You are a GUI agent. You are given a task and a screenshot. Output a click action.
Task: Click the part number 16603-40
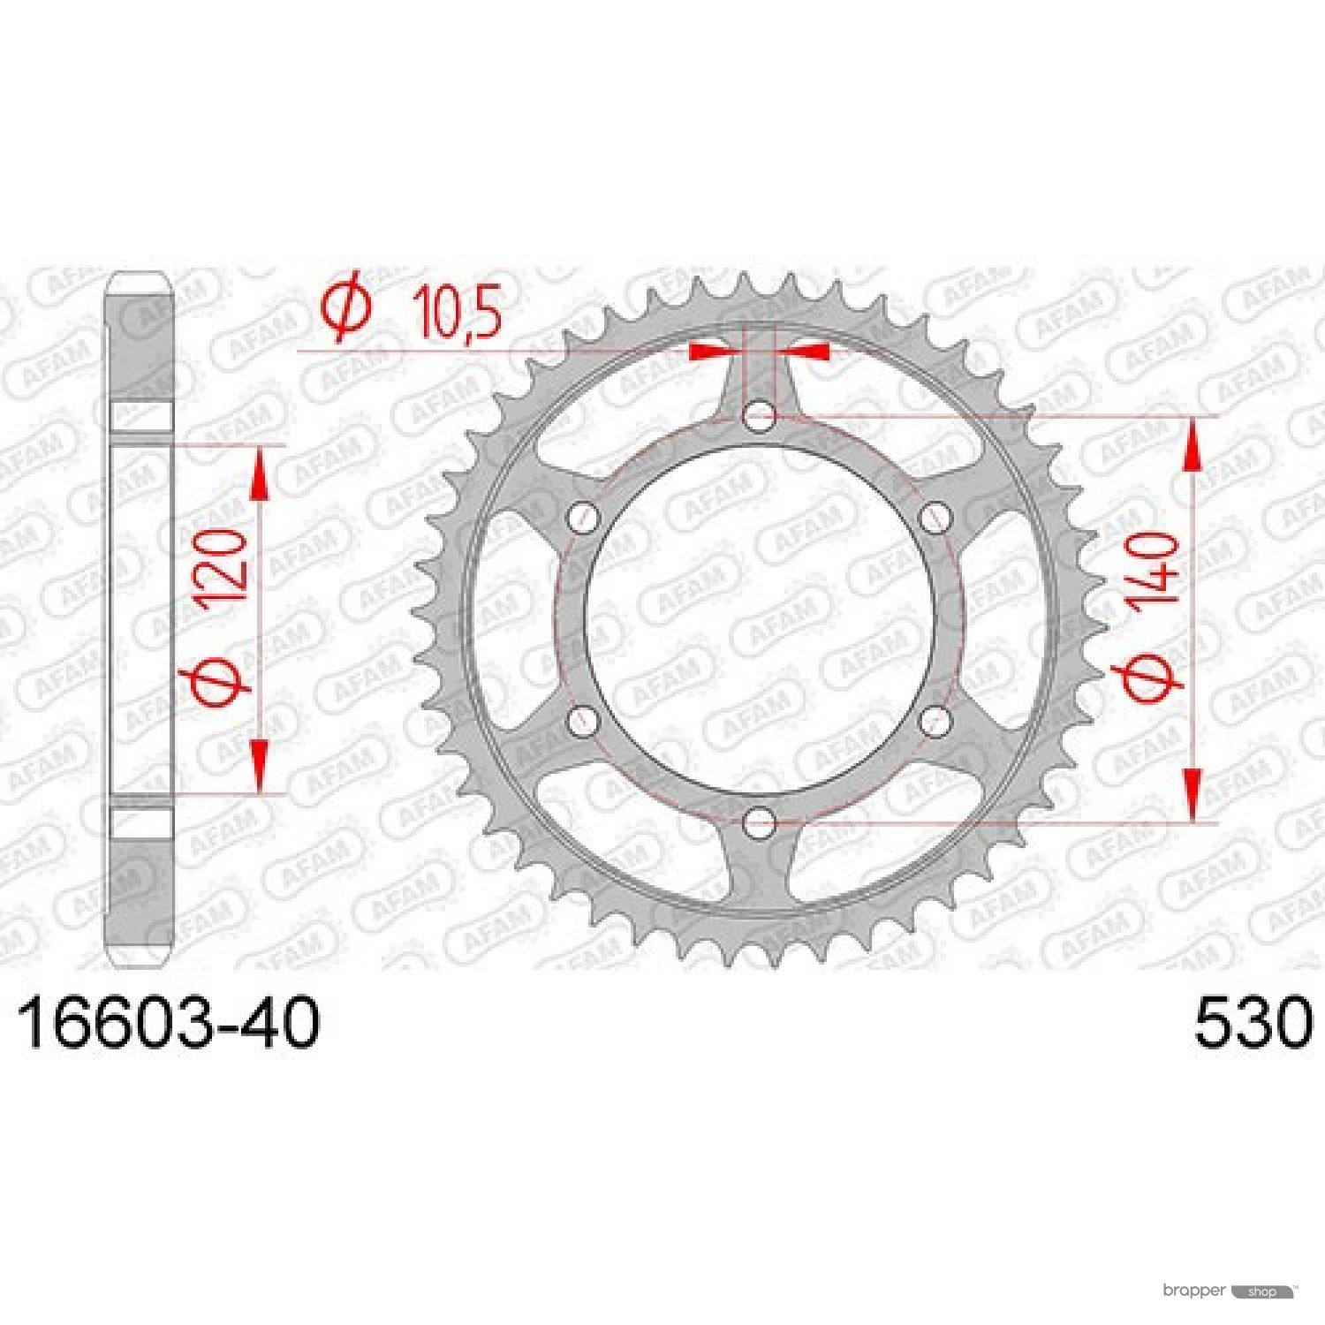pyautogui.click(x=168, y=1024)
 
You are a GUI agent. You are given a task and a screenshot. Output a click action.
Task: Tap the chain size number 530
pyautogui.click(x=1253, y=1024)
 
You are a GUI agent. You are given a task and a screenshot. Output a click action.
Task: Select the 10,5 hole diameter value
pyautogui.click(x=458, y=311)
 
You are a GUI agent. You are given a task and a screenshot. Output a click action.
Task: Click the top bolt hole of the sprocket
pyautogui.click(x=759, y=416)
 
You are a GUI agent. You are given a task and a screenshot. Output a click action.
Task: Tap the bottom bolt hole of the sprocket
pyautogui.click(x=759, y=823)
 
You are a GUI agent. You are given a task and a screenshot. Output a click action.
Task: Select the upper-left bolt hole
pyautogui.click(x=582, y=518)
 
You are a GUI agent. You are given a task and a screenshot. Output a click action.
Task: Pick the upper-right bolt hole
pyautogui.click(x=935, y=518)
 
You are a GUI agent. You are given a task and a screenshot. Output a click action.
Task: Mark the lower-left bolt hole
pyautogui.click(x=582, y=722)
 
